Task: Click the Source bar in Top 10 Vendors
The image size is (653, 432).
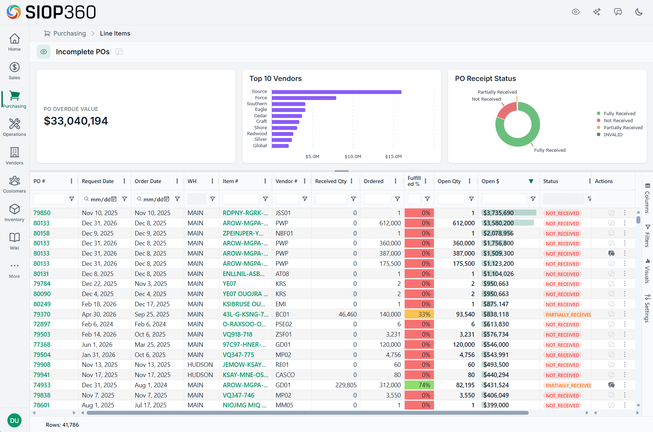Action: [x=336, y=92]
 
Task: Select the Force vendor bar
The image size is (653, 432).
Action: [x=304, y=98]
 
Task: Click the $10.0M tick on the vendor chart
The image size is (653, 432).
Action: [x=353, y=156]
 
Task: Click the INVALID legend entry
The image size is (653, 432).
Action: [x=613, y=134]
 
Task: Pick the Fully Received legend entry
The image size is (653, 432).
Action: [x=619, y=113]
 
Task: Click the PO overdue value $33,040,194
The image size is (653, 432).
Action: [x=76, y=121]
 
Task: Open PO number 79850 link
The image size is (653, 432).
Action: [x=42, y=213]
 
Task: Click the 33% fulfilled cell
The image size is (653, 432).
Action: [x=419, y=314]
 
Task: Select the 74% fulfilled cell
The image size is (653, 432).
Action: [x=419, y=385]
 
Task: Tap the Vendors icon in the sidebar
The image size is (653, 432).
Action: [x=14, y=156]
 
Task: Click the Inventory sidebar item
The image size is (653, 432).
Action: [x=14, y=212]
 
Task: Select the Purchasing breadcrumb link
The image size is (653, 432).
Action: [x=69, y=33]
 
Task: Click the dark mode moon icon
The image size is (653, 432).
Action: [x=639, y=12]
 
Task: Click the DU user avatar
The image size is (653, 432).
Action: [x=14, y=420]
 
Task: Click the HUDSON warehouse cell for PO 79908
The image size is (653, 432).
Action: [x=200, y=365]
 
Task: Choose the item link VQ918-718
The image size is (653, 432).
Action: [x=237, y=334]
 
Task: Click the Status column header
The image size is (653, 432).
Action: [x=551, y=181]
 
